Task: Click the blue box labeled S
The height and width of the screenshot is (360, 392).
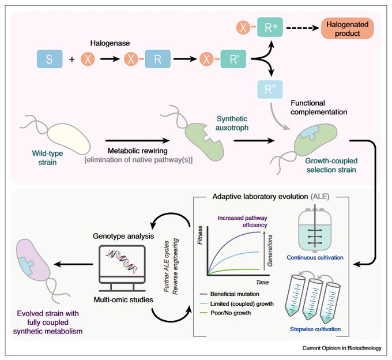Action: pyautogui.click(x=50, y=59)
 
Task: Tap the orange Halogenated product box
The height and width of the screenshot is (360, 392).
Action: pyautogui.click(x=347, y=28)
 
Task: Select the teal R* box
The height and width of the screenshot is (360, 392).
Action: pyautogui.click(x=270, y=27)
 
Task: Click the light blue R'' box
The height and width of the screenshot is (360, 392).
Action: pyautogui.click(x=270, y=89)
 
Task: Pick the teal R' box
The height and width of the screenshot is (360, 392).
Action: pyautogui.click(x=233, y=59)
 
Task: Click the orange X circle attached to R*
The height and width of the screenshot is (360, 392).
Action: pyautogui.click(x=243, y=27)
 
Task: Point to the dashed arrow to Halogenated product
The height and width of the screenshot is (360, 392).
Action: pyautogui.click(x=303, y=28)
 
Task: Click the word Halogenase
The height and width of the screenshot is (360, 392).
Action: pyautogui.click(x=110, y=43)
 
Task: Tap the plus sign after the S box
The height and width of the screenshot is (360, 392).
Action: pyautogui.click(x=72, y=59)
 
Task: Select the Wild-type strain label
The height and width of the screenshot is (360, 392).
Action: pyautogui.click(x=47, y=157)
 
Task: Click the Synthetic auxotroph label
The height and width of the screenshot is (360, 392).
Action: pyautogui.click(x=232, y=123)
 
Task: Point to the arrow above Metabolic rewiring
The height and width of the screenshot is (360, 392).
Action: pyautogui.click(x=138, y=141)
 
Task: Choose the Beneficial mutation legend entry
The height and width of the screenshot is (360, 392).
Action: pyautogui.click(x=229, y=294)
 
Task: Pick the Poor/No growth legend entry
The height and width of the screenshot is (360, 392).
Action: pyautogui.click(x=225, y=313)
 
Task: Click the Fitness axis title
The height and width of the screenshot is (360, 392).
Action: pyautogui.click(x=200, y=235)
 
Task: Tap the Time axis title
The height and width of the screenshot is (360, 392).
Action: pyautogui.click(x=262, y=282)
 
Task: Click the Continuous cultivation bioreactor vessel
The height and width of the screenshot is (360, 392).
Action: pyautogui.click(x=315, y=228)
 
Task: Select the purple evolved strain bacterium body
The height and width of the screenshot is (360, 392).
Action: pyautogui.click(x=32, y=260)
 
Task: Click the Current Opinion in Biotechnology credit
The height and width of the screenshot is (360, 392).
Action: pyautogui.click(x=342, y=348)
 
